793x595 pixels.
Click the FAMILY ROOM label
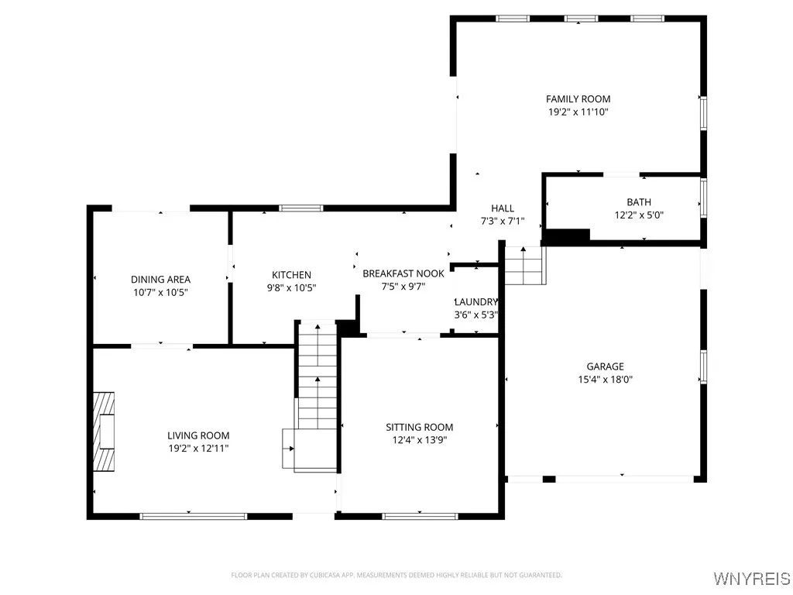pos(578,99)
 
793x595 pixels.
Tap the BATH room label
pos(639,202)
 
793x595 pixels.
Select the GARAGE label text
pos(605,366)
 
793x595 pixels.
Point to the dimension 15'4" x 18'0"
pos(605,380)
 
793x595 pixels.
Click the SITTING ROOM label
pos(419,427)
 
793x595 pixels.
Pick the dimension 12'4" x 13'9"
pos(419,440)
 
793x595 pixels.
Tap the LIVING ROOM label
pos(198,435)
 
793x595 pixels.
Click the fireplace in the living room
pos(104,431)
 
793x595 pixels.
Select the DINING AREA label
pos(160,280)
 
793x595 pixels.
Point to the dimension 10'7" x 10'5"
pos(160,293)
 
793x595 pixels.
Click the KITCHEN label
pos(291,275)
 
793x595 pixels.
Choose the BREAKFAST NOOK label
pos(403,273)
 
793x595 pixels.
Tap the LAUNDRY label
pos(475,302)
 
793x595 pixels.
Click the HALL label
pos(503,208)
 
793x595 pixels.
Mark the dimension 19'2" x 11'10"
pos(578,112)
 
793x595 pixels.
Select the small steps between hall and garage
pos(525,266)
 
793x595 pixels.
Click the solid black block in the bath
pos(566,235)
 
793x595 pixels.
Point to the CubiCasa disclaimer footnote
pos(396,575)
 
